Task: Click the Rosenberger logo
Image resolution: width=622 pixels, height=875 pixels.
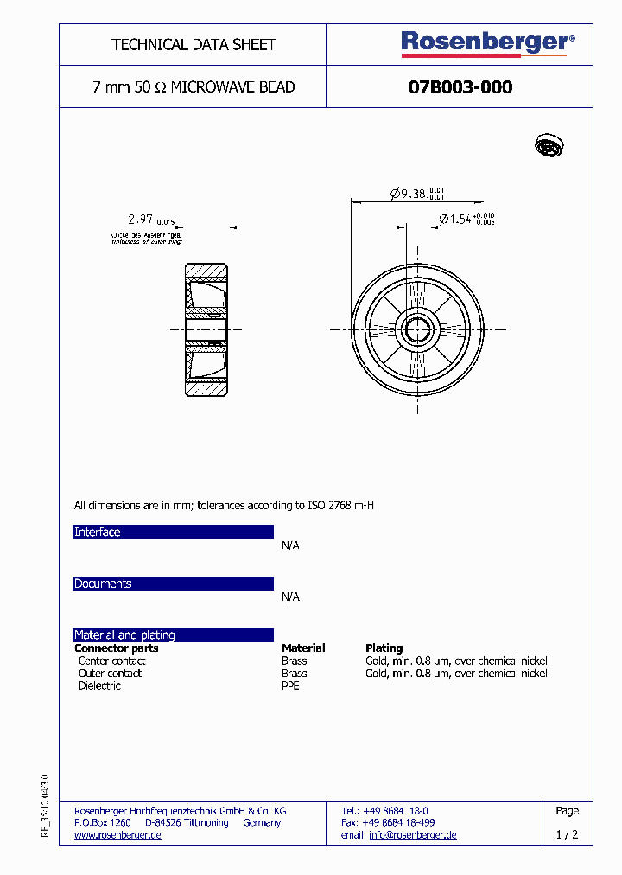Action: pos(486,42)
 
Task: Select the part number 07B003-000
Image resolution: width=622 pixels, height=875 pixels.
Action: pos(460,87)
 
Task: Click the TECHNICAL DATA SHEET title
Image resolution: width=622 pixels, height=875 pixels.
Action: pos(194,44)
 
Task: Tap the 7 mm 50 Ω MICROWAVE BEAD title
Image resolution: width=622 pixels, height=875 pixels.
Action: pos(194,87)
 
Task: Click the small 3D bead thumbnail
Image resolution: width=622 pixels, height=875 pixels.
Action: pos(549,146)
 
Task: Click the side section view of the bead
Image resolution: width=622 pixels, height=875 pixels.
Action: pos(207,329)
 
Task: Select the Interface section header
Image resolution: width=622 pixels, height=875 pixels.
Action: pos(98,533)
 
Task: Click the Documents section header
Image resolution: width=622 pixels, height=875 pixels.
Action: pos(103,584)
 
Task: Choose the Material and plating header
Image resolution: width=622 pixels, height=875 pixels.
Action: pos(124,635)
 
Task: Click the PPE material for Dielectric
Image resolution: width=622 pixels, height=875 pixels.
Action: pos(291,686)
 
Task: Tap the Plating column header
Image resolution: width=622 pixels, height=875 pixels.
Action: pos(384,648)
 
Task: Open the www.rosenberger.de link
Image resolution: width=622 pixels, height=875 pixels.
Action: pos(117,835)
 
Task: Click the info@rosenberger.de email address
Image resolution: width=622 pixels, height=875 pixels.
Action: pos(412,835)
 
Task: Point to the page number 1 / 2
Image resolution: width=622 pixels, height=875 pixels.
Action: pos(567,835)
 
